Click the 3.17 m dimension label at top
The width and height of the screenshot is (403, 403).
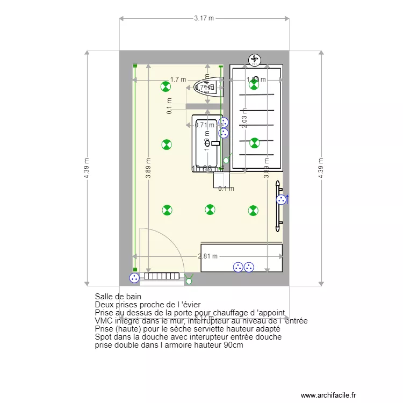(x=204, y=18)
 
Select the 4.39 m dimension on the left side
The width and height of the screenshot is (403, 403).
(x=87, y=168)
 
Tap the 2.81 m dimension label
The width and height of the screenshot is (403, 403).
(x=207, y=256)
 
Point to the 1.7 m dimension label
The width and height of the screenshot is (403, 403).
(x=178, y=80)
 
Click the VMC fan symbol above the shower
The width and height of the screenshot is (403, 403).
(x=254, y=59)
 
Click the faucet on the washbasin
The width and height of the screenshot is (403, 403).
(x=215, y=143)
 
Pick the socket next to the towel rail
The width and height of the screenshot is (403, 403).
(x=281, y=200)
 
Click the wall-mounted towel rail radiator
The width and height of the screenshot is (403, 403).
(x=278, y=204)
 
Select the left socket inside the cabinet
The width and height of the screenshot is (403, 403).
(x=238, y=267)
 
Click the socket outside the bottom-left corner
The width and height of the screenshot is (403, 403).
(x=134, y=278)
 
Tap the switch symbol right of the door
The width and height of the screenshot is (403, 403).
(x=189, y=279)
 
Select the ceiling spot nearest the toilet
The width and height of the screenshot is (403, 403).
(x=167, y=86)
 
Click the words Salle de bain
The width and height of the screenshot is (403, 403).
(x=118, y=297)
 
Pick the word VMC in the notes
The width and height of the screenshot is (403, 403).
(x=103, y=321)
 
